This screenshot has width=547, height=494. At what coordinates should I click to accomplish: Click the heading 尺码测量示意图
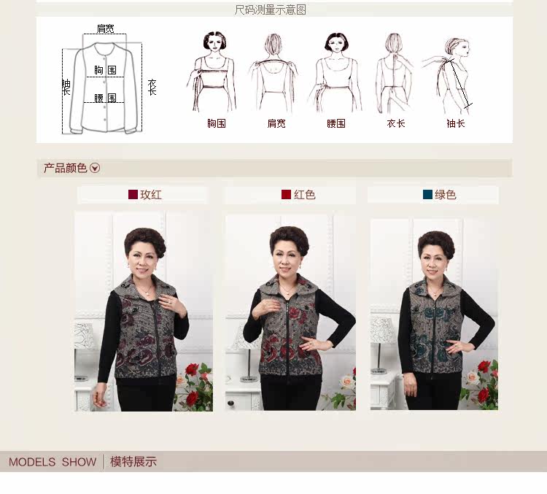pyautogui.click(x=270, y=9)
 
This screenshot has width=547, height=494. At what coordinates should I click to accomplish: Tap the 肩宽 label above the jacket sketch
pyautogui.click(x=105, y=29)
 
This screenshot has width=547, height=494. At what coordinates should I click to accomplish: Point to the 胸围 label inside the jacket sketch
pyautogui.click(x=105, y=70)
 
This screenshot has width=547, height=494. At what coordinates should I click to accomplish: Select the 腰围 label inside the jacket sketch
pyautogui.click(x=105, y=98)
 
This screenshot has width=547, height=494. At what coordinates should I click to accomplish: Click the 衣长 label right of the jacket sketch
pyautogui.click(x=152, y=88)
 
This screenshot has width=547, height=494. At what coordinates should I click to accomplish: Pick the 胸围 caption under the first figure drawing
pyautogui.click(x=216, y=123)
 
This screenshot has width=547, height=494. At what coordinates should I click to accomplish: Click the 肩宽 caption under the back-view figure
pyautogui.click(x=276, y=123)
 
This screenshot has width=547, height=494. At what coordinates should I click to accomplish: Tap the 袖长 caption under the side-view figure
pyautogui.click(x=456, y=123)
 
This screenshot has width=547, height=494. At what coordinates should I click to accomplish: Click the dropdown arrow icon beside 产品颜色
pyautogui.click(x=95, y=169)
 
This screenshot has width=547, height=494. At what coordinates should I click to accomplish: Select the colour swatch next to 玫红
pyautogui.click(x=133, y=195)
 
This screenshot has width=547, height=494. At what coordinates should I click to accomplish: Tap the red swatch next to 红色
pyautogui.click(x=286, y=195)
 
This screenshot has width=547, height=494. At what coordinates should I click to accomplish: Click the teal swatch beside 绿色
pyautogui.click(x=427, y=195)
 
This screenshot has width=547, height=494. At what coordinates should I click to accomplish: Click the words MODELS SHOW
pyautogui.click(x=53, y=462)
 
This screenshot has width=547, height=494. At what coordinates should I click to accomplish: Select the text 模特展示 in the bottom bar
pyautogui.click(x=133, y=462)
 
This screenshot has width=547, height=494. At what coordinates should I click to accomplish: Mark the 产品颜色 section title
pyautogui.click(x=65, y=169)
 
